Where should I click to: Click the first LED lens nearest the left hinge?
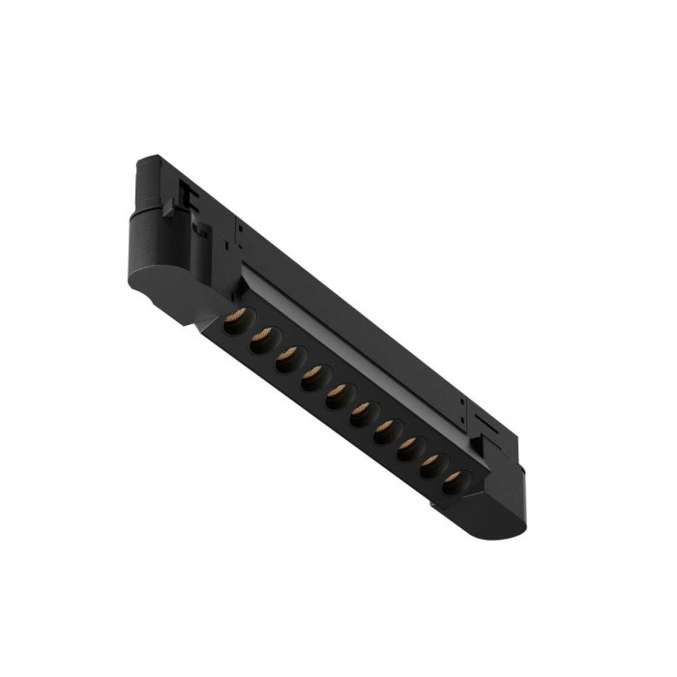(236, 320)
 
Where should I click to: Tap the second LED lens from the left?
(261, 340)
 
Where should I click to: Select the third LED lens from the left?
(286, 360)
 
